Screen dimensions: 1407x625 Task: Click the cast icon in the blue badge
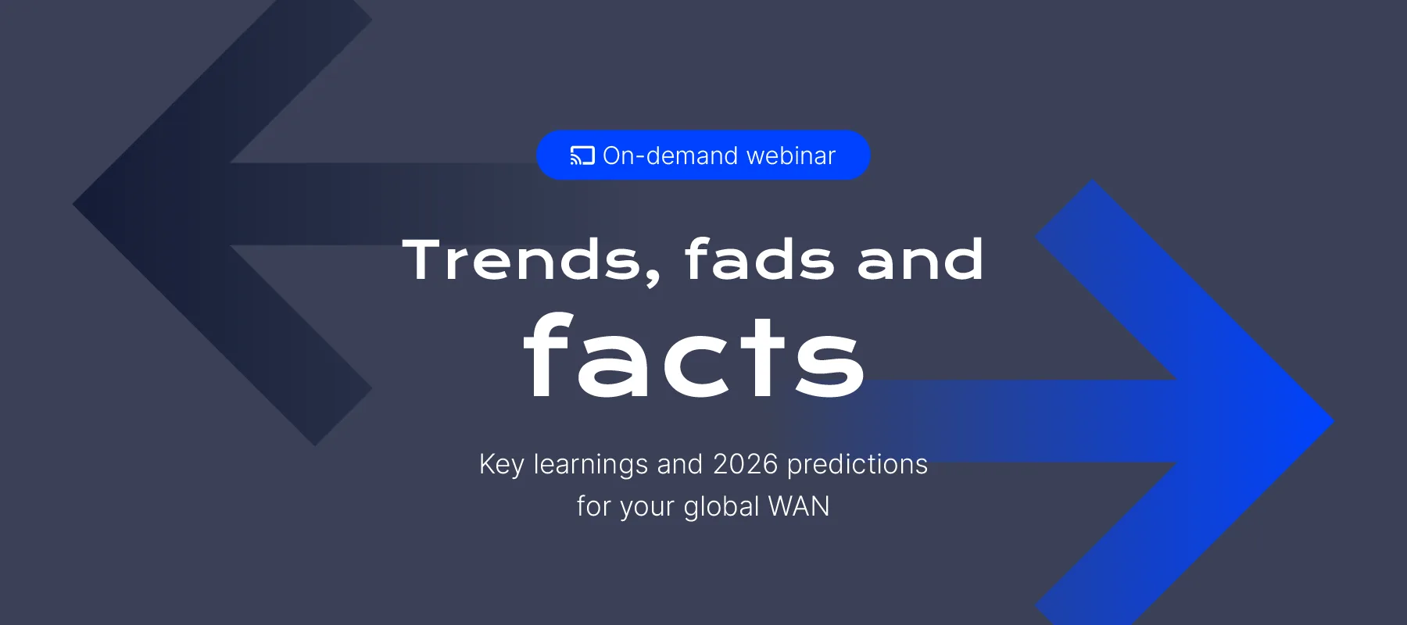click(x=582, y=155)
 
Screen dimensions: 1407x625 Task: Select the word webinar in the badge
click(x=791, y=155)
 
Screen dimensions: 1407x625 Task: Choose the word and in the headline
click(x=920, y=259)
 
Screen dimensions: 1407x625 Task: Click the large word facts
click(x=694, y=355)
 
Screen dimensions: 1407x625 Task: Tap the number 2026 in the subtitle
click(x=746, y=464)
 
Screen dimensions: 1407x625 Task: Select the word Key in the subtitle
click(x=502, y=465)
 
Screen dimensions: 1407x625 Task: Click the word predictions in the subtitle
click(x=857, y=465)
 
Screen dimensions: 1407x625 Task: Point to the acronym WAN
click(x=799, y=506)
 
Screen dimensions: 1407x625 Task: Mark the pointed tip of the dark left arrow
click(x=73, y=205)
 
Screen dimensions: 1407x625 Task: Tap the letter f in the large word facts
click(x=549, y=355)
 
